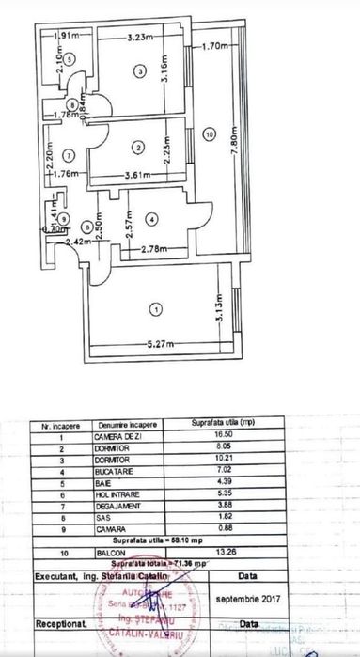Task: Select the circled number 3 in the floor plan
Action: coord(139,70)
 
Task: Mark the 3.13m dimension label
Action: coord(216,312)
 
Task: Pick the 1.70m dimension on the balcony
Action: coord(216,44)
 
